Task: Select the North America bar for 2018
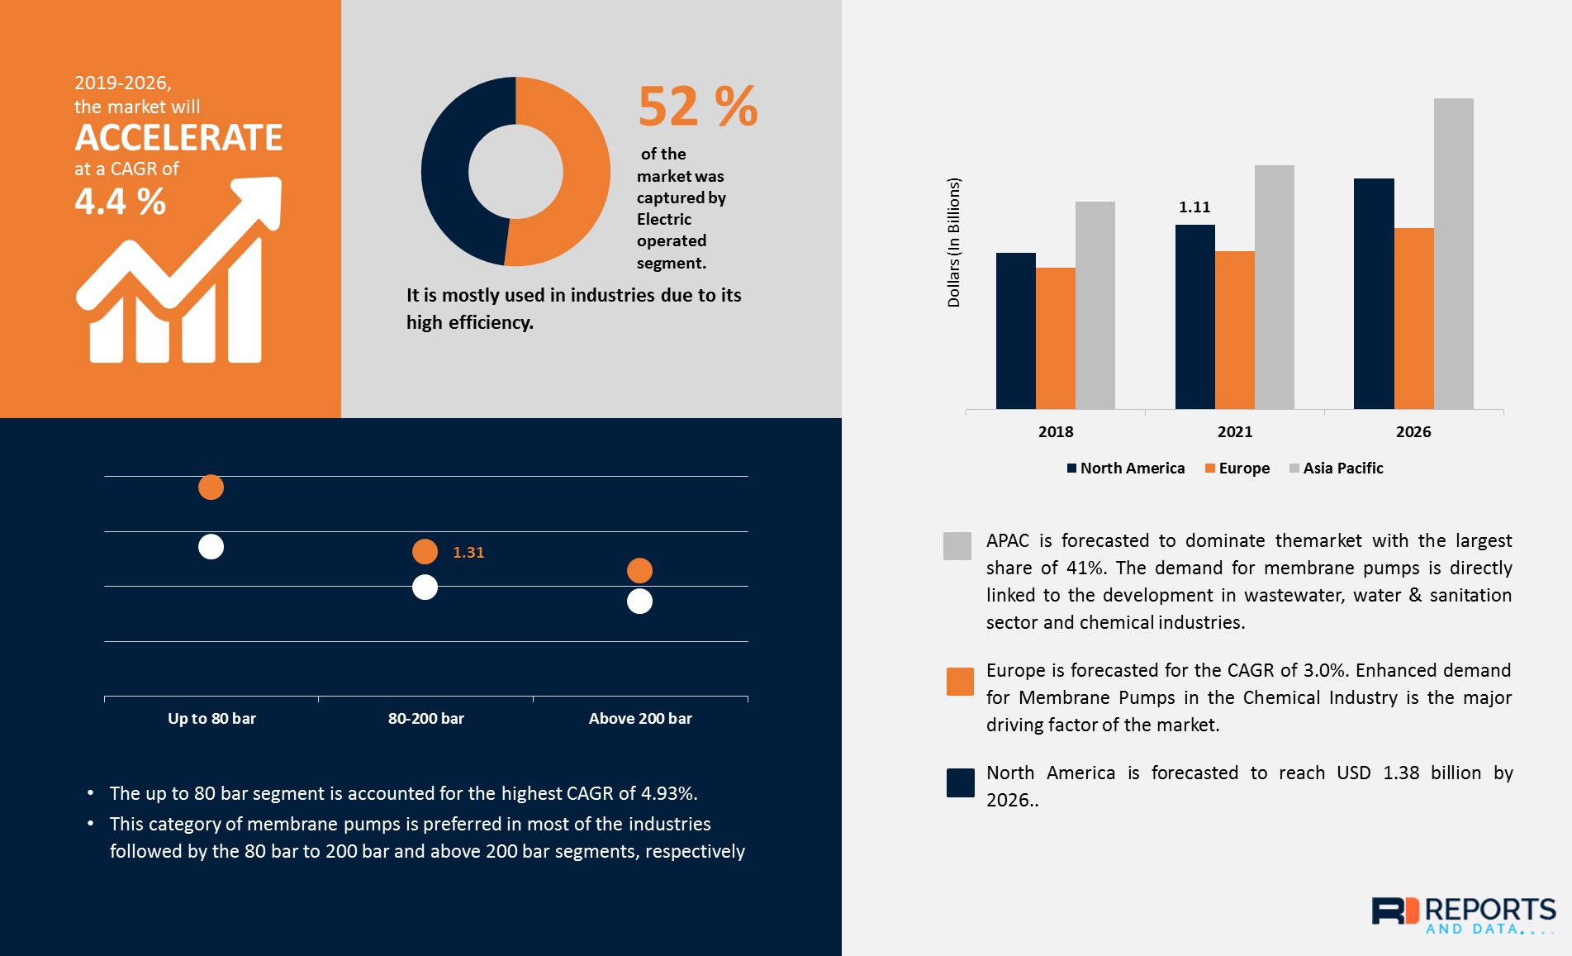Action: click(x=1015, y=331)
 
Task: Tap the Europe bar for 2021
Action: click(x=1234, y=330)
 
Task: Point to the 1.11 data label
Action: click(x=1194, y=207)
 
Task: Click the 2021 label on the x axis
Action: click(x=1234, y=431)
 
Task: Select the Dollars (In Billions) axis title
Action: click(x=954, y=242)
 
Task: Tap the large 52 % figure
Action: click(x=698, y=107)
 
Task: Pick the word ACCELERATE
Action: click(x=178, y=138)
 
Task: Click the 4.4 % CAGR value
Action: click(x=121, y=202)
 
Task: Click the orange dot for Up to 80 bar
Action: click(x=211, y=488)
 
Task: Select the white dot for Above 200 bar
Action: click(x=639, y=602)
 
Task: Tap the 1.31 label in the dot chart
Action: click(x=468, y=553)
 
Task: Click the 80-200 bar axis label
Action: click(x=425, y=719)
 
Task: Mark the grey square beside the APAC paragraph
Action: click(x=957, y=546)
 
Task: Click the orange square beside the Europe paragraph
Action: click(x=960, y=682)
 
